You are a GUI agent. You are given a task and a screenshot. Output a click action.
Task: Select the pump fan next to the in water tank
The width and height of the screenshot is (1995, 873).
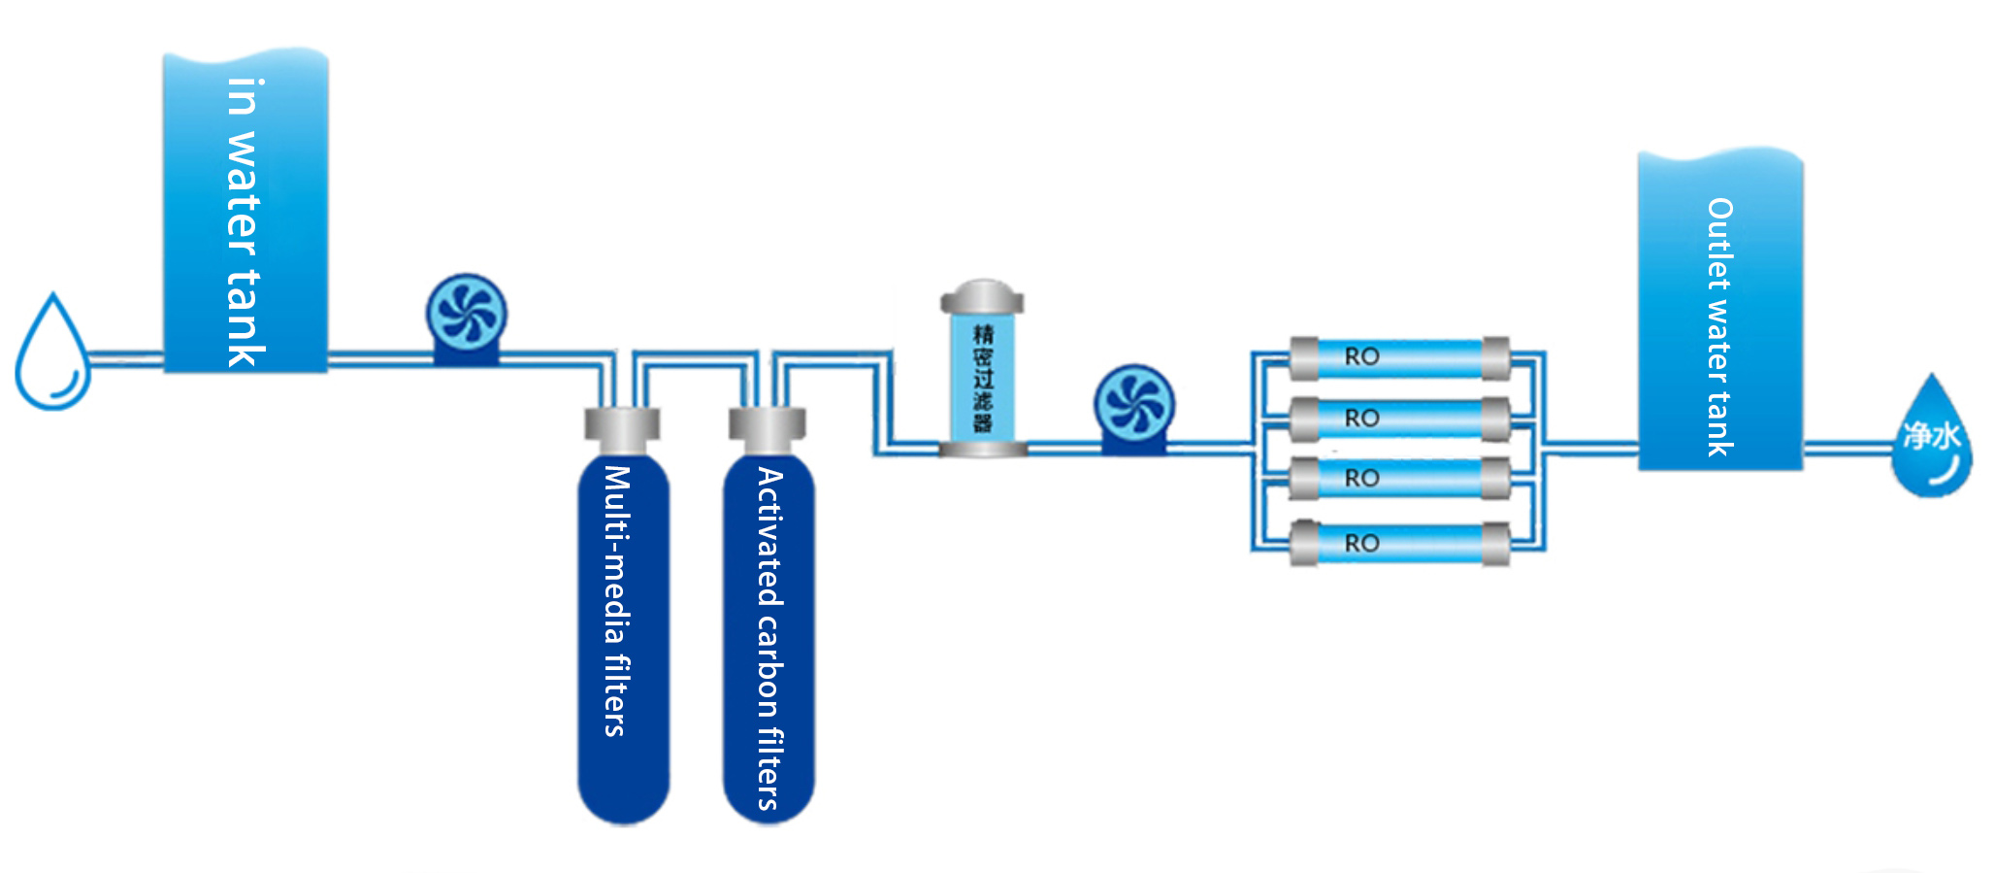pos(467,313)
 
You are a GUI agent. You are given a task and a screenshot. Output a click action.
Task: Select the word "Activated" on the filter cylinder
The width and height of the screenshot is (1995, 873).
pos(769,536)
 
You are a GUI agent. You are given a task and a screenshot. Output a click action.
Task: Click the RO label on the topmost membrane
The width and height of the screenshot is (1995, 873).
pos(1361,357)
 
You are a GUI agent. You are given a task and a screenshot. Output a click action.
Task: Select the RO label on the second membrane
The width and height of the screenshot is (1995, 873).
pos(1361,419)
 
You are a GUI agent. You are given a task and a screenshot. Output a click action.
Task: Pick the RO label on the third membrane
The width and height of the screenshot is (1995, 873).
pos(1361,479)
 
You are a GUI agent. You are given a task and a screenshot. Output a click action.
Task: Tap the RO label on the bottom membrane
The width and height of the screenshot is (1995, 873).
pos(1361,544)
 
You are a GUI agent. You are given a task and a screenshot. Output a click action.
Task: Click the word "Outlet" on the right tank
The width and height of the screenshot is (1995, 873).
pos(1719,244)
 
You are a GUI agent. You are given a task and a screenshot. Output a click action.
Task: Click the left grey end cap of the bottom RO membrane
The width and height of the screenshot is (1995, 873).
pos(1304,544)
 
